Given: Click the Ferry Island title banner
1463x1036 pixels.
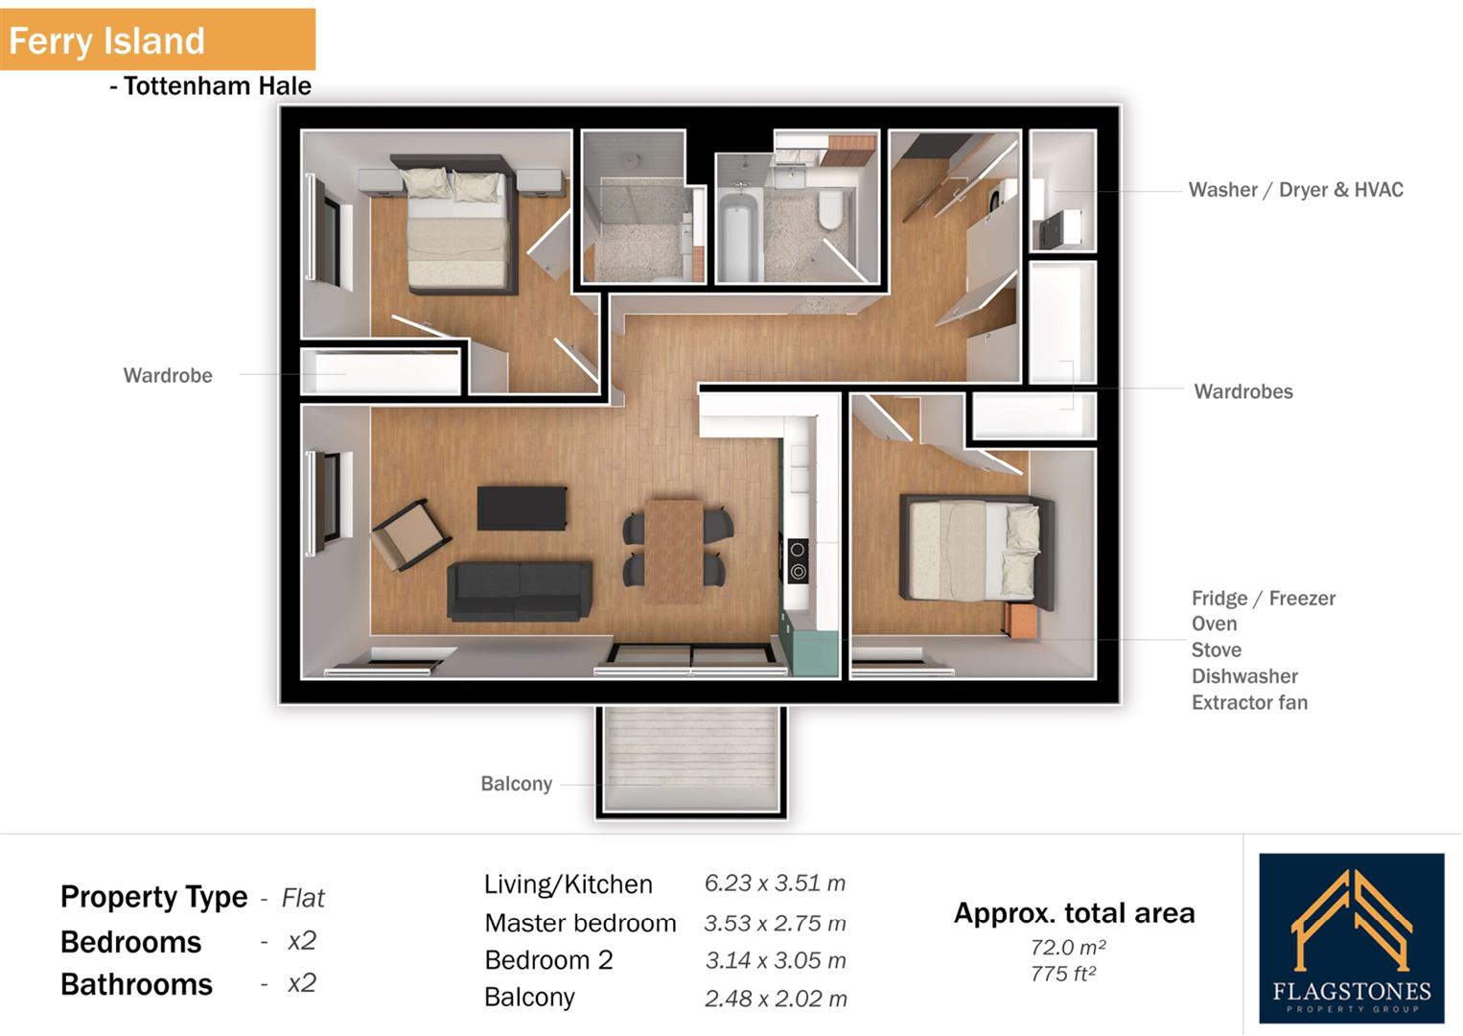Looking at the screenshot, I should pos(157,40).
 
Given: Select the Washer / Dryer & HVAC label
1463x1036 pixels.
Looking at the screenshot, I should pos(1295,190).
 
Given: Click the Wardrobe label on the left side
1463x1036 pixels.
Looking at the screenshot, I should pos(168,376).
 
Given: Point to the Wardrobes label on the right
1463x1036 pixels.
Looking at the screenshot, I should pos(1242,391).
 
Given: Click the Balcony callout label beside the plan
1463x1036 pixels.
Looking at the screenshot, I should pos(516,784).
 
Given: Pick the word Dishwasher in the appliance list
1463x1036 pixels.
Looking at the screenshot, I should pos(1244,676).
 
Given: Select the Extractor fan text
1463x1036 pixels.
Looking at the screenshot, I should pos(1249,702).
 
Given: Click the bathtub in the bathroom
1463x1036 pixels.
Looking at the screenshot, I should pos(740,234).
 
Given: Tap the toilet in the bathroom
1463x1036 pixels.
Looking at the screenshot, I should pos(830,208).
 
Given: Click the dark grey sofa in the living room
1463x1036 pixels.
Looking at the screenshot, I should pos(519,591).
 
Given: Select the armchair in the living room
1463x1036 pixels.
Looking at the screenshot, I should pos(410,535).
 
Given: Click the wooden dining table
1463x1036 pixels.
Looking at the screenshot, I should pos(675,550).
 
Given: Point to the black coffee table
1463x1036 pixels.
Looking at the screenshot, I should pos(522,508).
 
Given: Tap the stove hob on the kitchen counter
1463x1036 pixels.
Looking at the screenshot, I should pos(797,561).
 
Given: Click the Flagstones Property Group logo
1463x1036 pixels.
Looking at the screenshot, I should pos(1351,939).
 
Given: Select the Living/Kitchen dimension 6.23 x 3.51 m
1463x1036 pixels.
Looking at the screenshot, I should pos(775,883).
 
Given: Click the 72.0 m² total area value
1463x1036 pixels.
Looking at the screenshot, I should pos(1068,948).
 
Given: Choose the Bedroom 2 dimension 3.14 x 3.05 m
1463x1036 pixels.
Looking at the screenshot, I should pos(776,960).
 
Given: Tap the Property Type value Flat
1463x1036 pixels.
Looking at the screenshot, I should pos(303,899).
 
